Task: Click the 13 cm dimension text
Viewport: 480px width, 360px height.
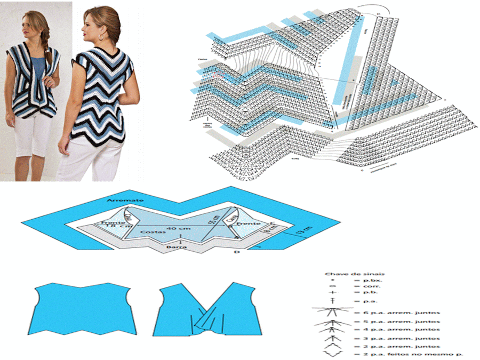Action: click(302, 231)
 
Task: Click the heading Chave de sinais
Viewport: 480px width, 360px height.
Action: click(347, 274)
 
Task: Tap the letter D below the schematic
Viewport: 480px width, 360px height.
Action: click(237, 251)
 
